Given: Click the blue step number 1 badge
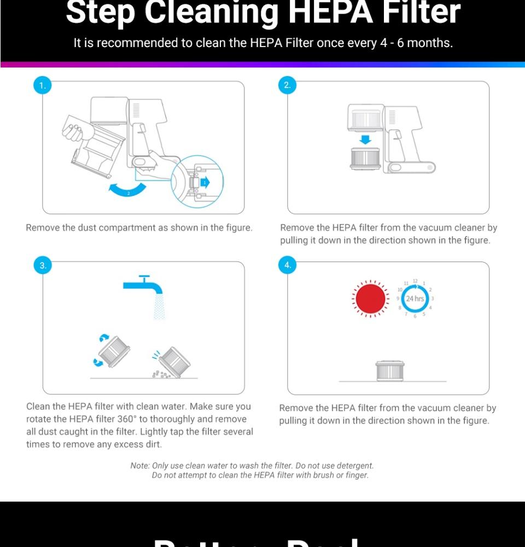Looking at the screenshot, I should [x=42, y=85].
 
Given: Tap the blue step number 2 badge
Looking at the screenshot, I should [x=287, y=85].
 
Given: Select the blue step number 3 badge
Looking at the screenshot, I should [x=42, y=265].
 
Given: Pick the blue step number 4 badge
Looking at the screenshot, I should [x=287, y=265].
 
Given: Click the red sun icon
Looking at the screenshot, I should [x=370, y=299].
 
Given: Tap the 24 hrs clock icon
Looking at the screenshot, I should [x=415, y=299].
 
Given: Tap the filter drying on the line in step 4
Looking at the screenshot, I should [x=389, y=370].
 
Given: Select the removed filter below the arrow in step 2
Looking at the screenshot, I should [x=365, y=158].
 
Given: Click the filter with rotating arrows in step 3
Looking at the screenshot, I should [x=114, y=351].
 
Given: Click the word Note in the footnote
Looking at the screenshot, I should [x=139, y=465].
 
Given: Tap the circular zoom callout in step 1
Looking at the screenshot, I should [x=197, y=182].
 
